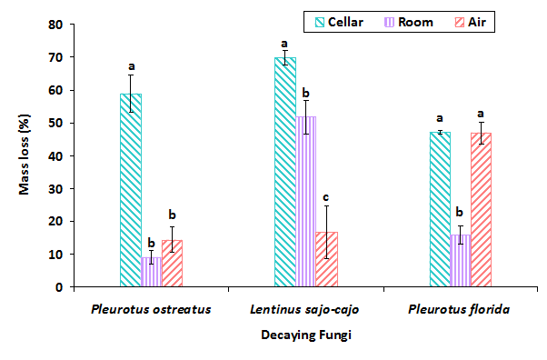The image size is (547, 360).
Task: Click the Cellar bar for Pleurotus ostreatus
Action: tap(130, 191)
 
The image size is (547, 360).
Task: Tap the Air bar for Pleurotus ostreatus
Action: tap(172, 264)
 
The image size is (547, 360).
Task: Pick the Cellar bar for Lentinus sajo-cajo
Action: tap(284, 173)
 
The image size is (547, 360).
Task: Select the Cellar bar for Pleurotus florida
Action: tap(440, 210)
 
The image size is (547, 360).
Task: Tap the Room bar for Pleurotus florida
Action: tap(461, 261)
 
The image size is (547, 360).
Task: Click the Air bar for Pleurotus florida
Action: tap(482, 210)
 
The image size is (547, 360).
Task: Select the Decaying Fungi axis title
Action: tap(305, 336)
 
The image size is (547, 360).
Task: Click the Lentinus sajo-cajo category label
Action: tap(305, 309)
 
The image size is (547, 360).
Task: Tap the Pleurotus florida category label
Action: tap(460, 309)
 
